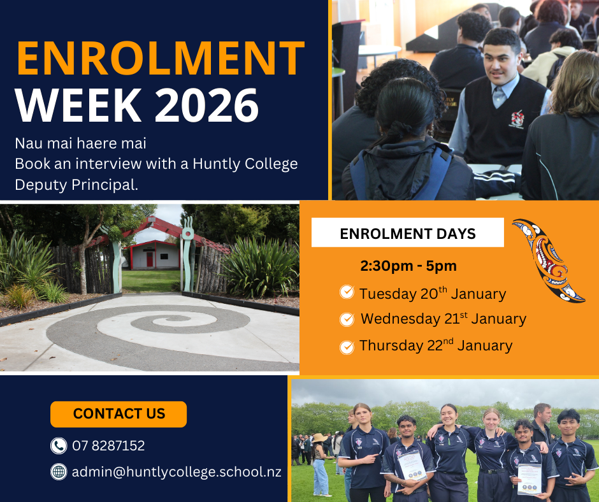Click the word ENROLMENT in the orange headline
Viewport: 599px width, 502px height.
[x=161, y=58]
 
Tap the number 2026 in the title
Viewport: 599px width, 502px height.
[x=206, y=105]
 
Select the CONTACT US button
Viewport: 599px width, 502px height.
[x=119, y=414]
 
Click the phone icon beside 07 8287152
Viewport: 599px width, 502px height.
[x=59, y=446]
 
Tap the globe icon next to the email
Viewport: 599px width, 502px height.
[x=59, y=472]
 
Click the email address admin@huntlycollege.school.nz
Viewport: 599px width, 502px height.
[x=177, y=472]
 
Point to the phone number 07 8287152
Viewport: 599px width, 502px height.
[x=108, y=446]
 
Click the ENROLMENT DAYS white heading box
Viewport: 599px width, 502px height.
[x=408, y=233]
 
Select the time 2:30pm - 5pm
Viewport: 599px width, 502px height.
[x=408, y=266]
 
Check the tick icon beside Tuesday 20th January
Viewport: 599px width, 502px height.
[x=347, y=292]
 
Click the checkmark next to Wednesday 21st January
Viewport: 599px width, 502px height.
[x=347, y=319]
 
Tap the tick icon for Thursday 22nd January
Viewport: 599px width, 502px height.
[x=347, y=347]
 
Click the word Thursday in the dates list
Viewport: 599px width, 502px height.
[x=391, y=345]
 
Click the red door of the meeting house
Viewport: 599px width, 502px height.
[x=149, y=259]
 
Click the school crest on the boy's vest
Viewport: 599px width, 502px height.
[x=517, y=119]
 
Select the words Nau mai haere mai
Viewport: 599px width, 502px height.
[x=80, y=143]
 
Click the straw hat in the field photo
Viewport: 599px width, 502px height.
[x=319, y=438]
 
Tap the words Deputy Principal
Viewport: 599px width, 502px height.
[x=76, y=185]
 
